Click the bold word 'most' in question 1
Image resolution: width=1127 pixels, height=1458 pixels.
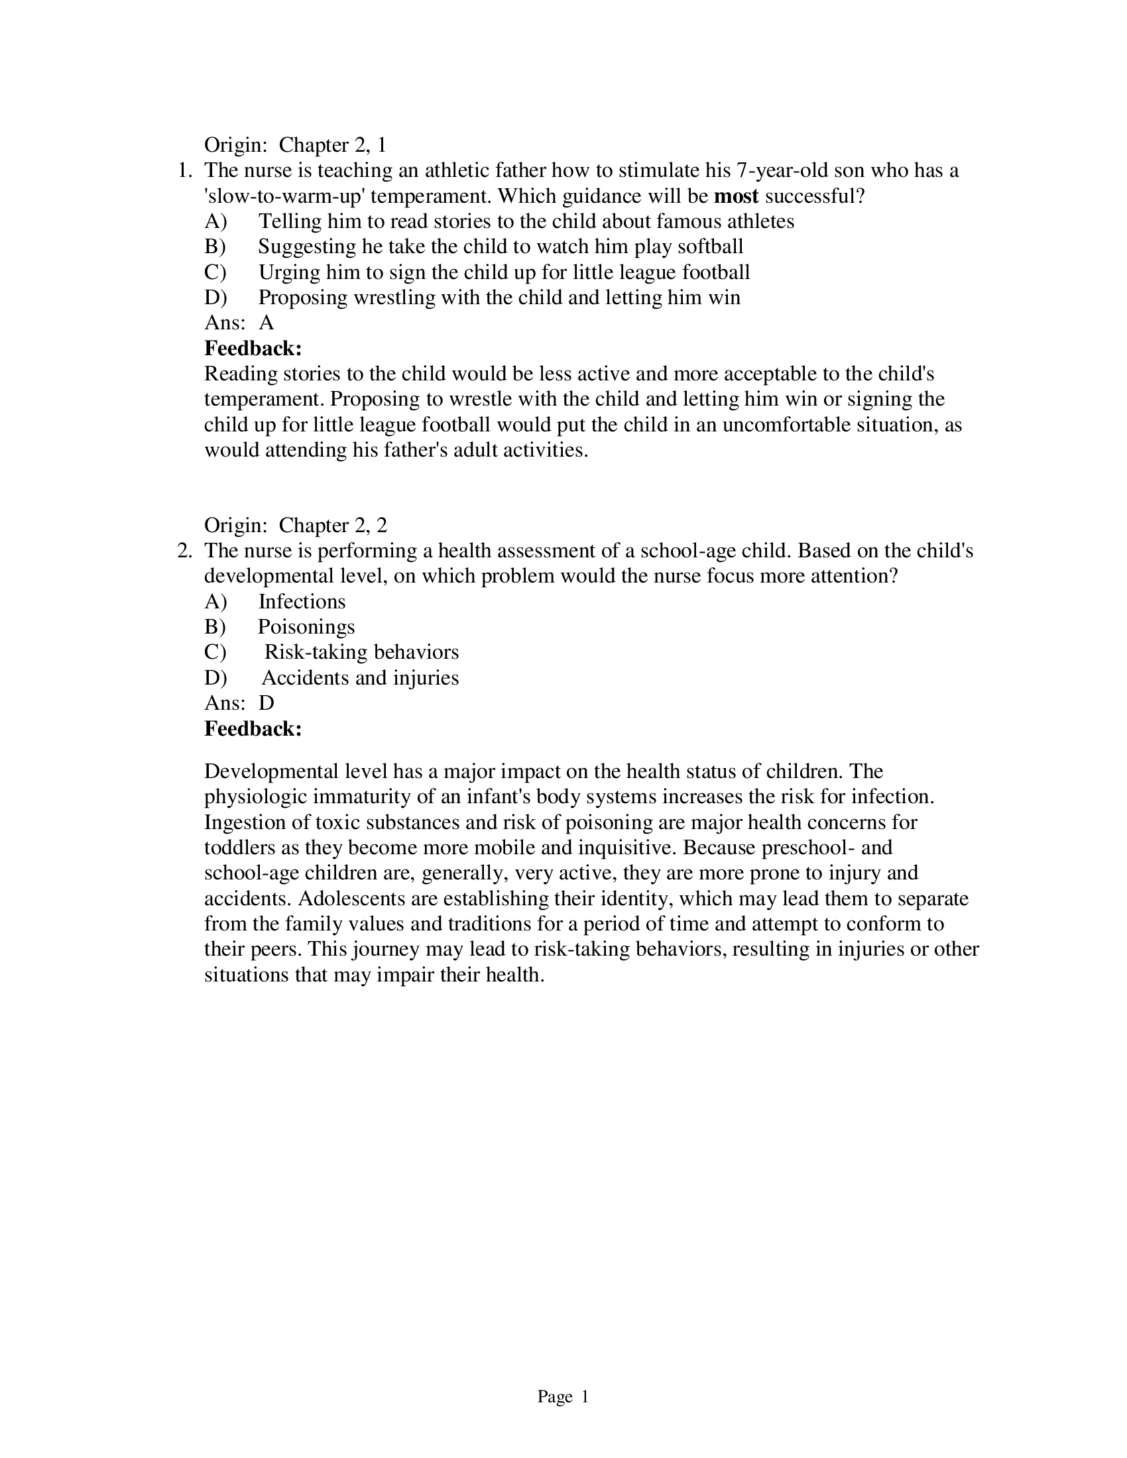(x=736, y=196)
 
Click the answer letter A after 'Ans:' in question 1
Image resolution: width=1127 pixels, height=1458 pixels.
(x=267, y=323)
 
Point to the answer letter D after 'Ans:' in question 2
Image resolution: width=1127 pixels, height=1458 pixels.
(x=267, y=704)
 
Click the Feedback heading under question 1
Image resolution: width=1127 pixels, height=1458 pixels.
(x=253, y=349)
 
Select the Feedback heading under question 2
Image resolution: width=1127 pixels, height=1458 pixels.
(x=253, y=729)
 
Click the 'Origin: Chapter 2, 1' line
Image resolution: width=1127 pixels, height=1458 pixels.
(x=295, y=146)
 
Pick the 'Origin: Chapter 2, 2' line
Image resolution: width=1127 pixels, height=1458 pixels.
(x=295, y=526)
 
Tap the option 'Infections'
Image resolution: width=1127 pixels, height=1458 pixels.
(x=302, y=602)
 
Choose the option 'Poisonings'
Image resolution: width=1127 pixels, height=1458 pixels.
(x=306, y=628)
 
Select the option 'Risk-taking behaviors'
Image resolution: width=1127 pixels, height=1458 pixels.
(x=361, y=653)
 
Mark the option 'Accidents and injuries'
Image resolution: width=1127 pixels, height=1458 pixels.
(x=360, y=678)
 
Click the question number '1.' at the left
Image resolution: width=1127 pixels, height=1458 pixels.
(x=185, y=171)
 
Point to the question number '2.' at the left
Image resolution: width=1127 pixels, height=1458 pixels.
(x=185, y=551)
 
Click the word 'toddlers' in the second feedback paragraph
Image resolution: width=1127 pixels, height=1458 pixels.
(x=241, y=848)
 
